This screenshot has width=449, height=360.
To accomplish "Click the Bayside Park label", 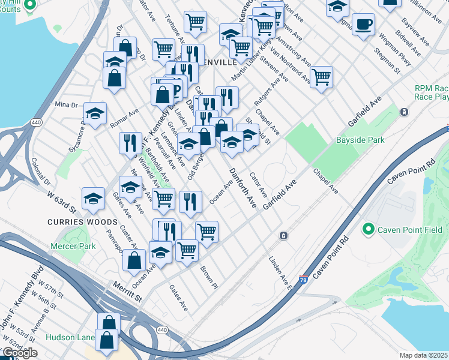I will (360, 139).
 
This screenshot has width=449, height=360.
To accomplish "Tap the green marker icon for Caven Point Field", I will (368, 229).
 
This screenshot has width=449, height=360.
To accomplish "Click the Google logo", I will (19, 353).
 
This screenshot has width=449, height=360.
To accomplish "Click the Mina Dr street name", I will (67, 104).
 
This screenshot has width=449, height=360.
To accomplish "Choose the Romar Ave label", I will (124, 118).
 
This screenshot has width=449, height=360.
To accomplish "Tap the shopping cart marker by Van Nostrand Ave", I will (322, 76).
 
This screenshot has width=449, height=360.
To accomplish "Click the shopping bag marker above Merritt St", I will (134, 260).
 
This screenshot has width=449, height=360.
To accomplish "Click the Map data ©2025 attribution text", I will (424, 355).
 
